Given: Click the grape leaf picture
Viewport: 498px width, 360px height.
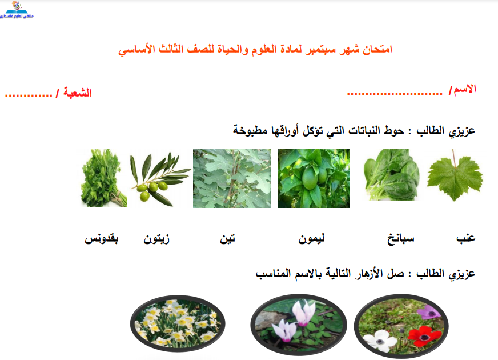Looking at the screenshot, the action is point(455,177).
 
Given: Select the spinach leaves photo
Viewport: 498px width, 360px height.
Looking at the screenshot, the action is point(391,175).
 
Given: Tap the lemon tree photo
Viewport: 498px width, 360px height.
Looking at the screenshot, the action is point(314,178).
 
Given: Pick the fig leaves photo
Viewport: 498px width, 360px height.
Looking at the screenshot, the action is point(232,178).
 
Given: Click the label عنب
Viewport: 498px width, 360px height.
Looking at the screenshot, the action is point(465,238).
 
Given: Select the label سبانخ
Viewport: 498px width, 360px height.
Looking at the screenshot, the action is point(401,239).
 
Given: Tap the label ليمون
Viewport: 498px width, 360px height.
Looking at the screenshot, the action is point(311,238).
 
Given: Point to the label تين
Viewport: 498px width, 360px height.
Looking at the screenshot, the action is point(228,238).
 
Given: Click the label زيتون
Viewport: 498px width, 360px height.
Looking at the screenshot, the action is point(156,238).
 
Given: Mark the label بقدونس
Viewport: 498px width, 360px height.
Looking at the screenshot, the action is point(102,239).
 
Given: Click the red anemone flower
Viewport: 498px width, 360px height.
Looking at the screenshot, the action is point(425,336).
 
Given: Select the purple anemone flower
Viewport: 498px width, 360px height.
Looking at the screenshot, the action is point(429,313).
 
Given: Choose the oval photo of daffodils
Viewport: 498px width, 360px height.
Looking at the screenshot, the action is point(178,323).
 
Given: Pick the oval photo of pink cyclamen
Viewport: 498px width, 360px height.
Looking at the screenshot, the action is point(299,325).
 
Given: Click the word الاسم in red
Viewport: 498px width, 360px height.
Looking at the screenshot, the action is point(465,89).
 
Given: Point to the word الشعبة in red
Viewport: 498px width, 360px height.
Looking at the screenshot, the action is point(78,93).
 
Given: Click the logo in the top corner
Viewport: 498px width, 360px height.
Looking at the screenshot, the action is point(17,10).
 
